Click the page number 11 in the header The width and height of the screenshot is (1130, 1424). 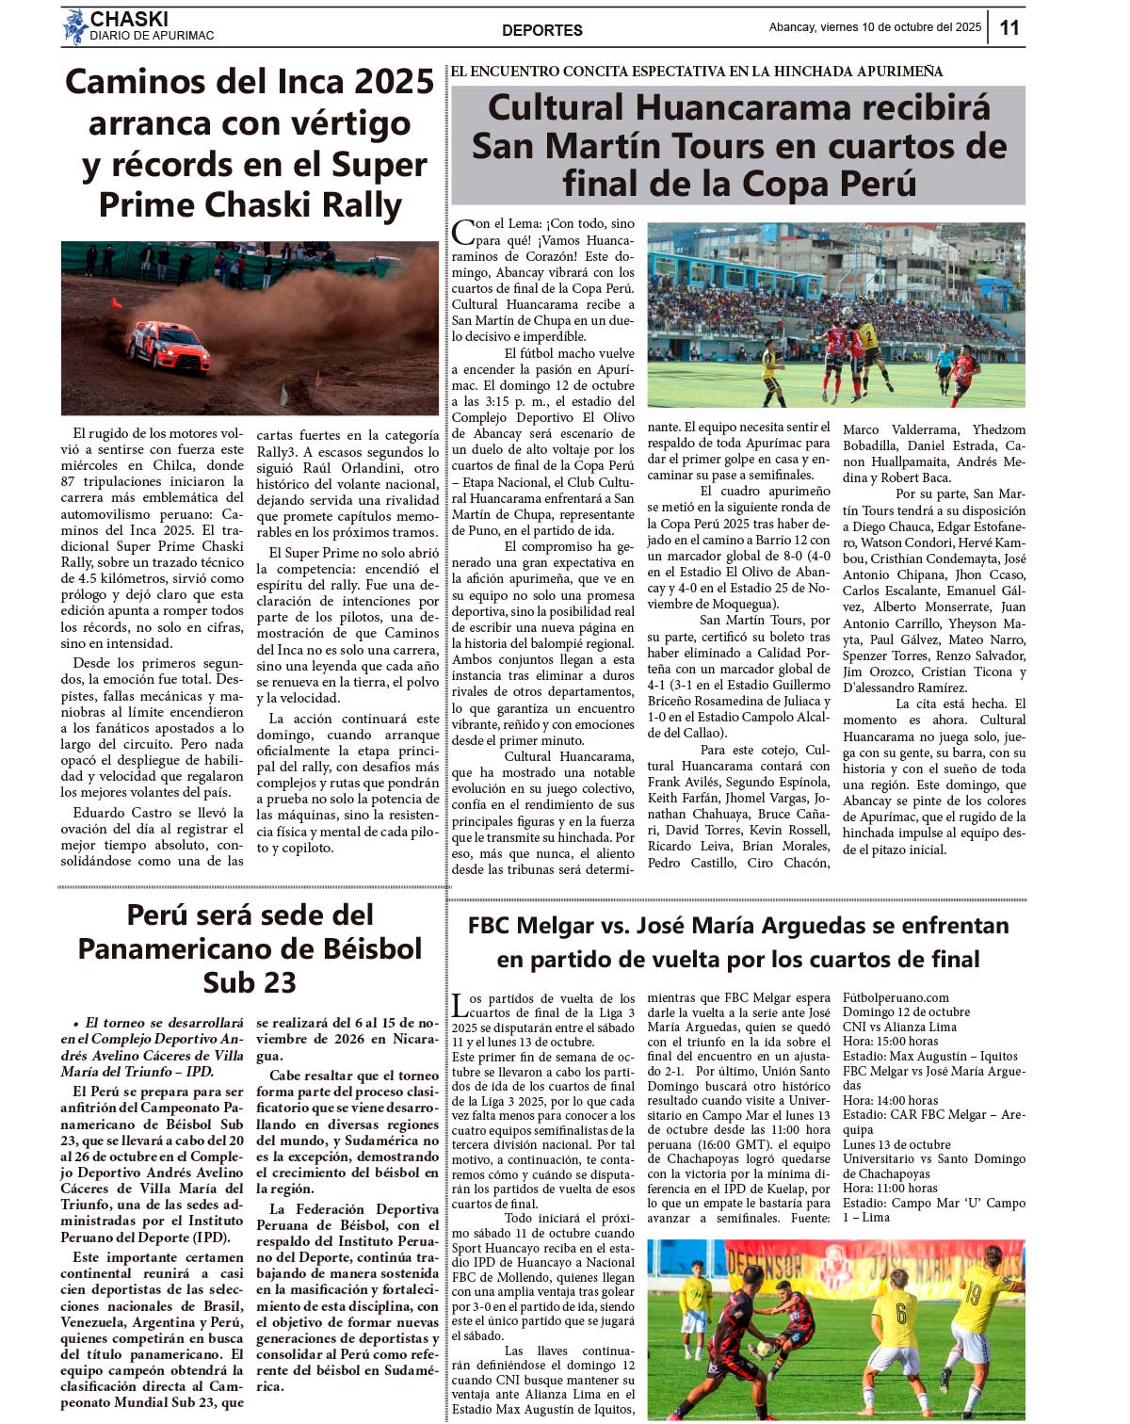coord(1009,27)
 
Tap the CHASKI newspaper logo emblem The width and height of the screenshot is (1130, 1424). coord(74,27)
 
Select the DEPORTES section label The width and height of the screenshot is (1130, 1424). coord(541,30)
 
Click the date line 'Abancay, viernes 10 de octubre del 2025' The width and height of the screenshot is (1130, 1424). coord(875,27)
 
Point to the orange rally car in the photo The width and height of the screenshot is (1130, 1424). coord(169,346)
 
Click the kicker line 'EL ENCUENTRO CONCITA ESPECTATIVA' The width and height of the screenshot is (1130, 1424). coord(696,72)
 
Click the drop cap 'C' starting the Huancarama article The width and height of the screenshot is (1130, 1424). coord(462,232)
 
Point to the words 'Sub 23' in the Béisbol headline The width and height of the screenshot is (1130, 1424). coord(250,982)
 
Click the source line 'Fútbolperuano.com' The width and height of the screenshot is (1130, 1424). coord(896,997)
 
